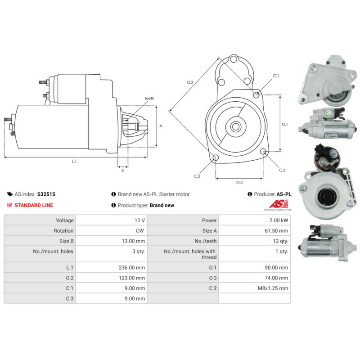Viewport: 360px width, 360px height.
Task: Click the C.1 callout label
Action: [x=276, y=76]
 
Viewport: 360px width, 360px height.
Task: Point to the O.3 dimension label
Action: [x=190, y=82]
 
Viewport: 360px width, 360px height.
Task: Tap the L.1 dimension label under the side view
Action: [x=74, y=161]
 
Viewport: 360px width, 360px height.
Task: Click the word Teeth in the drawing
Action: [x=149, y=98]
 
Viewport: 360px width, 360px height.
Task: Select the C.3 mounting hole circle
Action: [x=216, y=157]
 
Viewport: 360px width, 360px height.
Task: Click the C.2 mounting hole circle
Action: [x=264, y=153]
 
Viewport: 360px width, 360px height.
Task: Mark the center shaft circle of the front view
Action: [x=236, y=126]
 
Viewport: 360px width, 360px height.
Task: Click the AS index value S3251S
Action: [x=46, y=194]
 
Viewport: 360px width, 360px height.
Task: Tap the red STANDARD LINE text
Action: [x=34, y=205]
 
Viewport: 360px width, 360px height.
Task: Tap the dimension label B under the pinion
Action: [x=122, y=170]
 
